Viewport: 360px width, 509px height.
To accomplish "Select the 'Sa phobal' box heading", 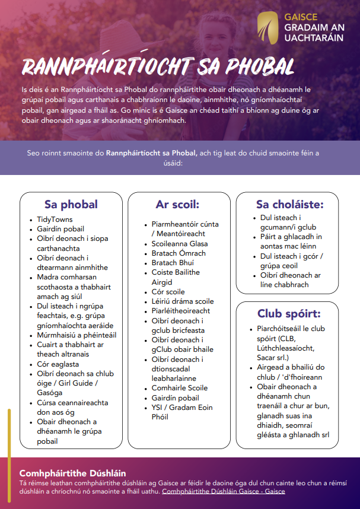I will click(71, 205).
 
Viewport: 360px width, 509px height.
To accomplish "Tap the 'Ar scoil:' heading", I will click(177, 205).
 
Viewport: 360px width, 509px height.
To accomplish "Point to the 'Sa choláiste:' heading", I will click(290, 205).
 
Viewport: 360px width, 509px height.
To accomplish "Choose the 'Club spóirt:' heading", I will click(289, 314).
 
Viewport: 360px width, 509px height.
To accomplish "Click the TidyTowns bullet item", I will click(55, 219).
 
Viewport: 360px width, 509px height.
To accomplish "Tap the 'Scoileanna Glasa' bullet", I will click(180, 244).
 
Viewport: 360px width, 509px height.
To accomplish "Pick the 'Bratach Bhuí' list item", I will click(173, 263).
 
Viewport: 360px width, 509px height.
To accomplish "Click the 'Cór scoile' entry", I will click(168, 292).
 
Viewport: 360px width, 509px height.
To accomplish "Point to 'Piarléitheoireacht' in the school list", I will click(181, 311).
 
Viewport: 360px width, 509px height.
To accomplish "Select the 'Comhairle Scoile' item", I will click(180, 388).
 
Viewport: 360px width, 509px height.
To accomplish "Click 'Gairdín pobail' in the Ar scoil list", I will click(176, 397).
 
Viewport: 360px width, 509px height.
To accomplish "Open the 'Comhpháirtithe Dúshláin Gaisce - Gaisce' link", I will click(224, 492).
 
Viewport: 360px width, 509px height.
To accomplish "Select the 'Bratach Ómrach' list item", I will click(179, 253).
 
